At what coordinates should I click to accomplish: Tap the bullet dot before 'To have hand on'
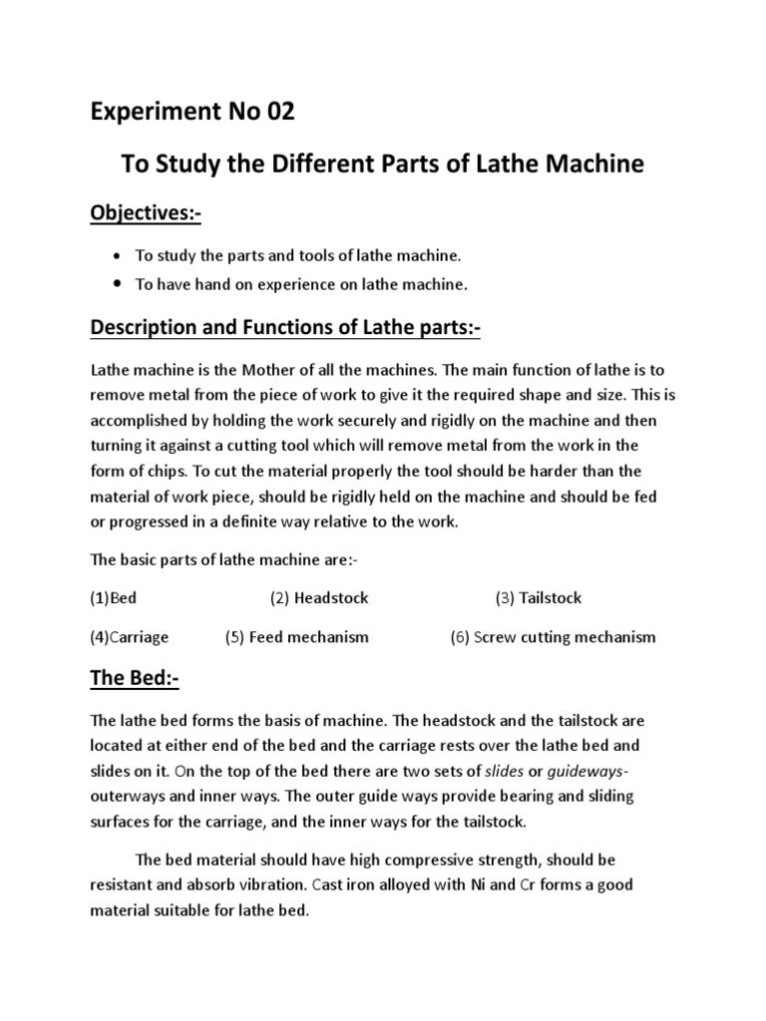click(x=119, y=284)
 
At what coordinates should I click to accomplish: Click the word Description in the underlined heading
click(x=152, y=328)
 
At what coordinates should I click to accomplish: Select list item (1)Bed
click(x=113, y=598)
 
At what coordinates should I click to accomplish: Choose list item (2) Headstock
click(x=319, y=598)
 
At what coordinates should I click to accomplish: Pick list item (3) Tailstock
click(x=539, y=598)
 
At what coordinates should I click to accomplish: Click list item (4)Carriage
click(x=130, y=637)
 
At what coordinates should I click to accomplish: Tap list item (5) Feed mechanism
click(x=297, y=637)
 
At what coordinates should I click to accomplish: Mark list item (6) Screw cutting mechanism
click(x=554, y=637)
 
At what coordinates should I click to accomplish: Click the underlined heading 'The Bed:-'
click(x=135, y=679)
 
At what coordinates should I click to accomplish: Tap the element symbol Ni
click(x=476, y=885)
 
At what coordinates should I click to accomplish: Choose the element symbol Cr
click(x=531, y=885)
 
